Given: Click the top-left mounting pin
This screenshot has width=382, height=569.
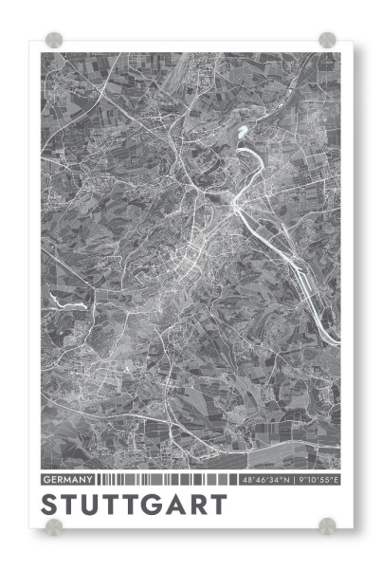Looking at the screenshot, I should pos(54,41).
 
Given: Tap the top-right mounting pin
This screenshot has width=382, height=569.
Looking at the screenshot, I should pos(327,40).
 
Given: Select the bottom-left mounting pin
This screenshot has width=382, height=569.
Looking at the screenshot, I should pos(54,526).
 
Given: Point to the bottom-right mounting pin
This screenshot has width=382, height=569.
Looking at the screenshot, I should pos(327,526).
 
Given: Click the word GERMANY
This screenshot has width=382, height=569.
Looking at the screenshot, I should pos(68,480).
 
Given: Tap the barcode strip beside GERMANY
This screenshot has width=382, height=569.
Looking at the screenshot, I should pos(167,480).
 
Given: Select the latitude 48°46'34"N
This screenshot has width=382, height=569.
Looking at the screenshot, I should pos(266,480).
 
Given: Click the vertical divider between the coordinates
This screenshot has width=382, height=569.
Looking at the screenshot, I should pos(293,480).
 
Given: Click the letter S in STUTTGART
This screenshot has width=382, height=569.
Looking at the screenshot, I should pos(51,504).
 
